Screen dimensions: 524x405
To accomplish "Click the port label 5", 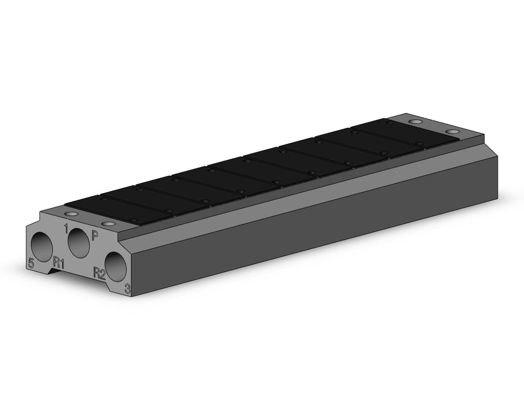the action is point(31,263).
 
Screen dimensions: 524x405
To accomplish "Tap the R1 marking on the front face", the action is point(59,263).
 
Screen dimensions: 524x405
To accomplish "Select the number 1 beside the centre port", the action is point(66,229).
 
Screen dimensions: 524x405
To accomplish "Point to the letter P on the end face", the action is point(95,235).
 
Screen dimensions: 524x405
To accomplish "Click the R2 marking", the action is point(99,273).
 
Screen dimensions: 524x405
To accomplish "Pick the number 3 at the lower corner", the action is point(127,289).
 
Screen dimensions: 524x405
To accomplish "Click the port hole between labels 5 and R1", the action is point(42,246).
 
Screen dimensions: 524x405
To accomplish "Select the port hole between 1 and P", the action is point(79,242).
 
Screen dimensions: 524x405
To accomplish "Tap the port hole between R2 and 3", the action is point(116,267).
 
